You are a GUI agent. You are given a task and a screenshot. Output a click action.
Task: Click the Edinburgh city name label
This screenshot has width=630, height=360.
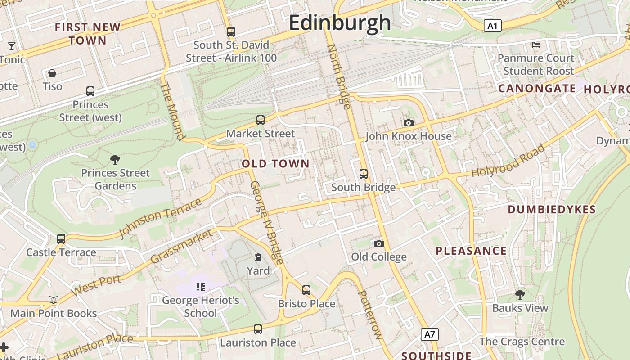click(340, 22)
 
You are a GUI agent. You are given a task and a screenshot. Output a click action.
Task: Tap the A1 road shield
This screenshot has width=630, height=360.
click(493, 26)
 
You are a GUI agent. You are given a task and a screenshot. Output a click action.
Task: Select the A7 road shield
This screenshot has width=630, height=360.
click(430, 334)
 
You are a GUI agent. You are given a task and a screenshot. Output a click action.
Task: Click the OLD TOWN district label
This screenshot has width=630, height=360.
click(276, 164)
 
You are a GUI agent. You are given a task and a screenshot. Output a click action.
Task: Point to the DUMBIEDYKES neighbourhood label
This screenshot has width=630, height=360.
click(552, 209)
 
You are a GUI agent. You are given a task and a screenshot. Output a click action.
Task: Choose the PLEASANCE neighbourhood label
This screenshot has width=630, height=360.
click(471, 251)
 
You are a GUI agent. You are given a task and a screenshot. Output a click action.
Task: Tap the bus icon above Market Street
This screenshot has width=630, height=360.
click(260, 120)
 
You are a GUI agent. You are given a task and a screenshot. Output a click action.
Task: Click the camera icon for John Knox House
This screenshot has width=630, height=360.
click(409, 123)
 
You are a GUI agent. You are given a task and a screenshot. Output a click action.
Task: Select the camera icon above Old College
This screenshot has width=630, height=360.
click(379, 243)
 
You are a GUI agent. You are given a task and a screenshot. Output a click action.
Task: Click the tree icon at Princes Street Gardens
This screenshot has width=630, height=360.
click(115, 159)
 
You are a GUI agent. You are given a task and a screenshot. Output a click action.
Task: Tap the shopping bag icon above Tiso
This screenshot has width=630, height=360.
click(52, 73)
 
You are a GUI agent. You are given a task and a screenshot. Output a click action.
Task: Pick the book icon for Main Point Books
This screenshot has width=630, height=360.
click(54, 300)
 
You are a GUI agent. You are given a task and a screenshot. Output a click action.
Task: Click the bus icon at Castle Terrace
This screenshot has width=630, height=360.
click(61, 239)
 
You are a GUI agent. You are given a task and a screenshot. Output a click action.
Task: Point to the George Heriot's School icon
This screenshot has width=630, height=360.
click(201, 287)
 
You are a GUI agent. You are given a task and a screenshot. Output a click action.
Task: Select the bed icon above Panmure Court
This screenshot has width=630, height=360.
click(535, 45)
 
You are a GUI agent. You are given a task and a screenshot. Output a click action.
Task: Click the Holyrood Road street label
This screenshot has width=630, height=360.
click(508, 161)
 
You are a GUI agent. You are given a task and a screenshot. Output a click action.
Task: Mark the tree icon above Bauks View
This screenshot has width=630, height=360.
click(520, 295)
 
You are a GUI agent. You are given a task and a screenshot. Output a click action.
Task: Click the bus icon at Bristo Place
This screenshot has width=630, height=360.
click(306, 290)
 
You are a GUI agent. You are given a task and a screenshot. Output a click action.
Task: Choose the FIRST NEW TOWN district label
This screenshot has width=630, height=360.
click(88, 34)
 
